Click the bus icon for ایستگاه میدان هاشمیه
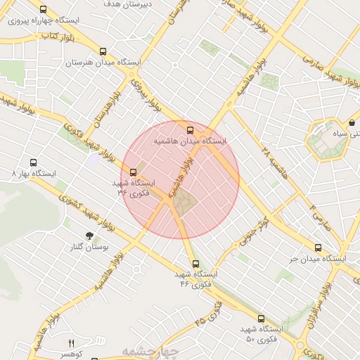pyautogui.click(x=191, y=129)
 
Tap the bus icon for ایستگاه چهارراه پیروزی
pyautogui.click(x=44, y=10)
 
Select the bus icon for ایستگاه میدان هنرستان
pyautogui.click(x=103, y=51)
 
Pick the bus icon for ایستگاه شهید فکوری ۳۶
pyautogui.click(x=134, y=172)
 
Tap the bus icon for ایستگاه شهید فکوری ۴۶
pyautogui.click(x=195, y=264)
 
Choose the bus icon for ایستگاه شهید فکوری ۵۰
pyautogui.click(x=261, y=319)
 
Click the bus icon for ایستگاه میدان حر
pyautogui.click(x=318, y=248)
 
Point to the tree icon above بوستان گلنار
pyautogui.click(x=89, y=236)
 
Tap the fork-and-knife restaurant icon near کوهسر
pyautogui.click(x=70, y=343)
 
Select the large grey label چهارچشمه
pyautogui.click(x=150, y=351)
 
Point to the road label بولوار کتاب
pyautogui.click(x=58, y=34)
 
